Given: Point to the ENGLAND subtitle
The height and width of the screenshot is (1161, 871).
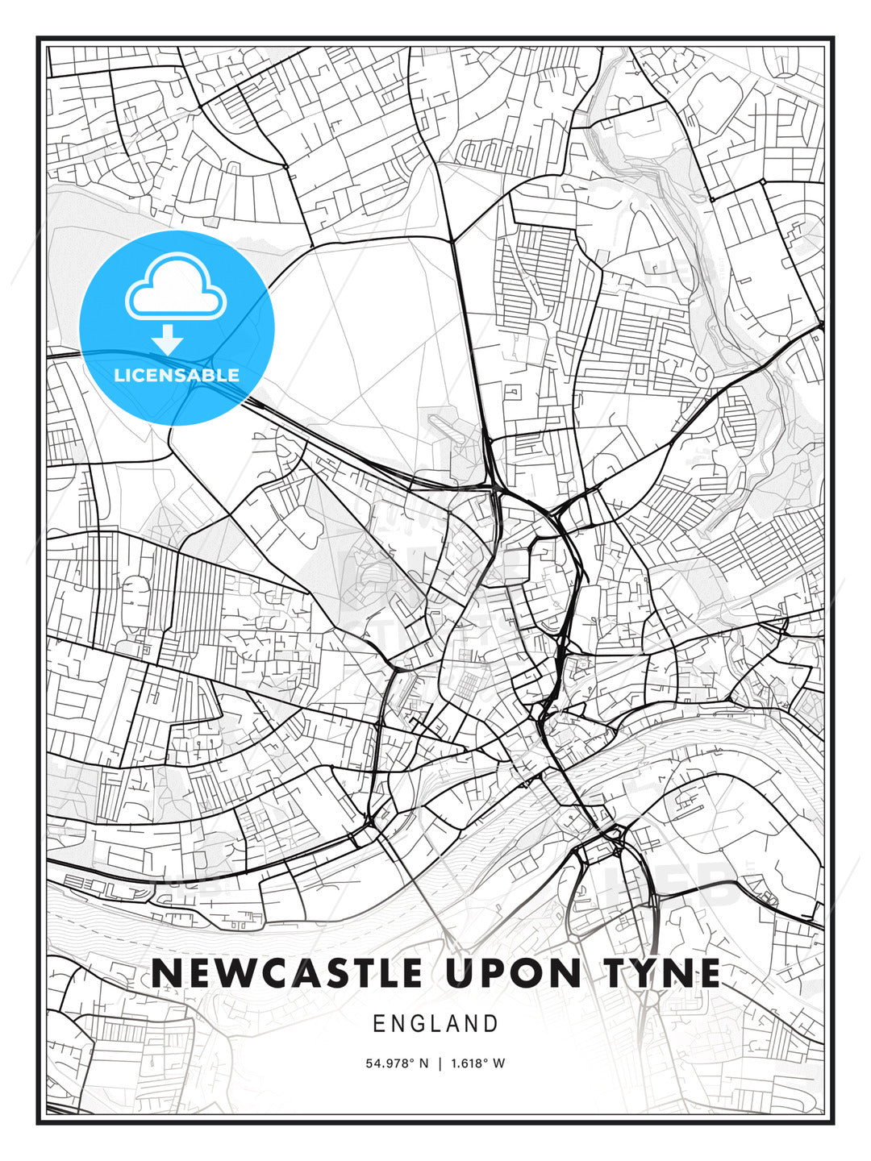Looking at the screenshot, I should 435,1024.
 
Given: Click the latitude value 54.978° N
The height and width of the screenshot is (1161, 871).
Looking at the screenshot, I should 398,1063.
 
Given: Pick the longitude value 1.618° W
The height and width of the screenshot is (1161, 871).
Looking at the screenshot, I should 477,1063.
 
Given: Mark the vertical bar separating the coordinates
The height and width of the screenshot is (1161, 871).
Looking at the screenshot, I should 440,1063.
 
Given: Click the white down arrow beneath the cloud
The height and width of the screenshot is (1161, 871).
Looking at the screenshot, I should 168,339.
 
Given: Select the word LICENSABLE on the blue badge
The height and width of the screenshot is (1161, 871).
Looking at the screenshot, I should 177,375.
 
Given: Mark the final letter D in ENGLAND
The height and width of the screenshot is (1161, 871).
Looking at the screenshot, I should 491,1024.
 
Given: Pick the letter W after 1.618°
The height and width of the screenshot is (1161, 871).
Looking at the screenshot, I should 499,1063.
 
